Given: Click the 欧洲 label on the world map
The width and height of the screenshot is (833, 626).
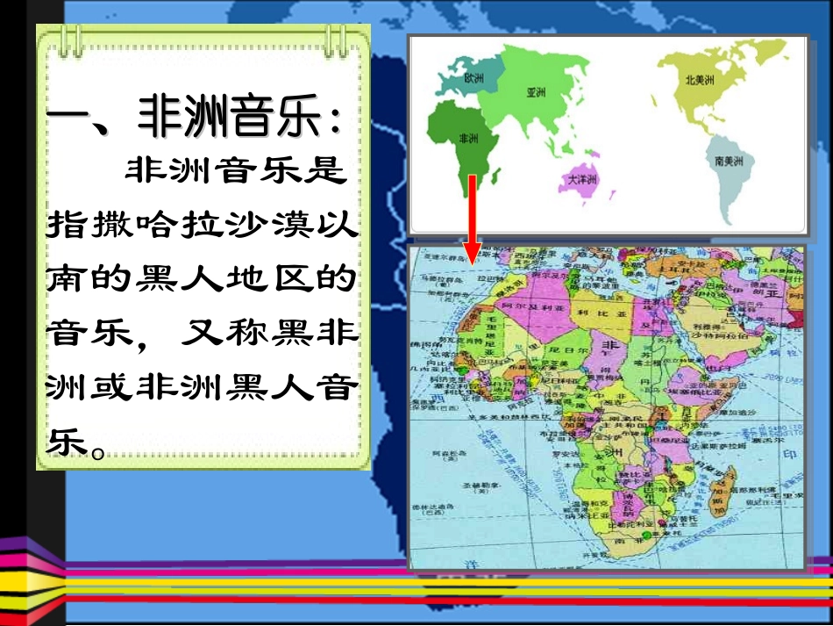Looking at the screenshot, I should tap(473, 78).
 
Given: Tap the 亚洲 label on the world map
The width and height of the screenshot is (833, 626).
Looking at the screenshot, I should tap(537, 91).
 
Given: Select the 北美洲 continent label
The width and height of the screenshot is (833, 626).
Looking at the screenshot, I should tap(700, 79).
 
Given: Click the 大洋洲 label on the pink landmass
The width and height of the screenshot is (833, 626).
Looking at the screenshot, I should tap(583, 179).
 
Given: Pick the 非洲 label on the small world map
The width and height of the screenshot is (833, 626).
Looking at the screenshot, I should tap(468, 139).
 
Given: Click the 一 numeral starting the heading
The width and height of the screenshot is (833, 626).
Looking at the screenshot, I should tap(68, 120).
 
